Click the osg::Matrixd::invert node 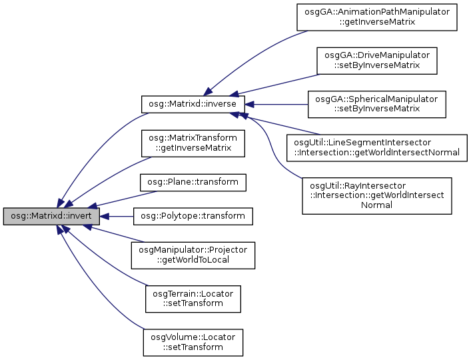point(51,217)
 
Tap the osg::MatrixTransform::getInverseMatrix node point(193,143)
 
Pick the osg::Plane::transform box point(193,181)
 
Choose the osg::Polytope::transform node point(193,216)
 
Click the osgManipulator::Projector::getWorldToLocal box point(193,255)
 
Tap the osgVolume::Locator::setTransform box point(193,341)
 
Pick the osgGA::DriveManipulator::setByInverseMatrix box point(376,61)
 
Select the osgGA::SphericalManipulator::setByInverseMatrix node point(376,104)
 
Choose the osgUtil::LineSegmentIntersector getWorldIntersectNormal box point(376,147)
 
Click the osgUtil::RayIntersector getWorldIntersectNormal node point(377,195)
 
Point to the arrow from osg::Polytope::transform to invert point(120,216)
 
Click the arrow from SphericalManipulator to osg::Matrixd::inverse point(276,104)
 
